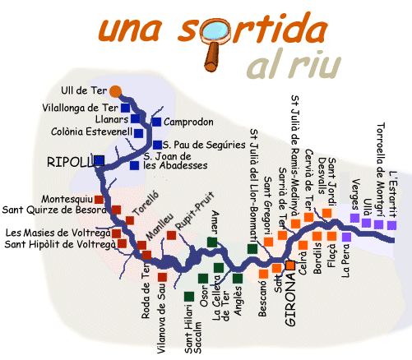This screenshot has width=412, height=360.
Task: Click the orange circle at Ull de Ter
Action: (115, 91)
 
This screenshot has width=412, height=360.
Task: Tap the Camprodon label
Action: (188, 122)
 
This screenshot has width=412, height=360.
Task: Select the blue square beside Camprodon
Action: (156, 122)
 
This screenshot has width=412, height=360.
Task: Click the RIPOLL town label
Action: (70, 162)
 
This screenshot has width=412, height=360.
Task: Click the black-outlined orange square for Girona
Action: (290, 265)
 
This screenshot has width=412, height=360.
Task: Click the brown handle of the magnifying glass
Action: (212, 58)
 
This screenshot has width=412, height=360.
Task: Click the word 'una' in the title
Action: (130, 30)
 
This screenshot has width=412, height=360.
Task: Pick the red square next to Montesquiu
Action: (99, 200)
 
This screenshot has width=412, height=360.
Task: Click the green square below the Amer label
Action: (212, 242)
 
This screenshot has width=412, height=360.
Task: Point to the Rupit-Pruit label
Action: (195, 211)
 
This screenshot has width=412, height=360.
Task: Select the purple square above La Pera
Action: (346, 237)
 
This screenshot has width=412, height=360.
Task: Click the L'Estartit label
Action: (393, 194)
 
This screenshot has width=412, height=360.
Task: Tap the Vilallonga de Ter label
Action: (80, 108)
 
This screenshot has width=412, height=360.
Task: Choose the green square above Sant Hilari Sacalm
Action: (189, 297)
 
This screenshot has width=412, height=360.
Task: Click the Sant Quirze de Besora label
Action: (54, 210)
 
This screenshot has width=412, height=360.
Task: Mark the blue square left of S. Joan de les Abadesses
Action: (134, 166)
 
